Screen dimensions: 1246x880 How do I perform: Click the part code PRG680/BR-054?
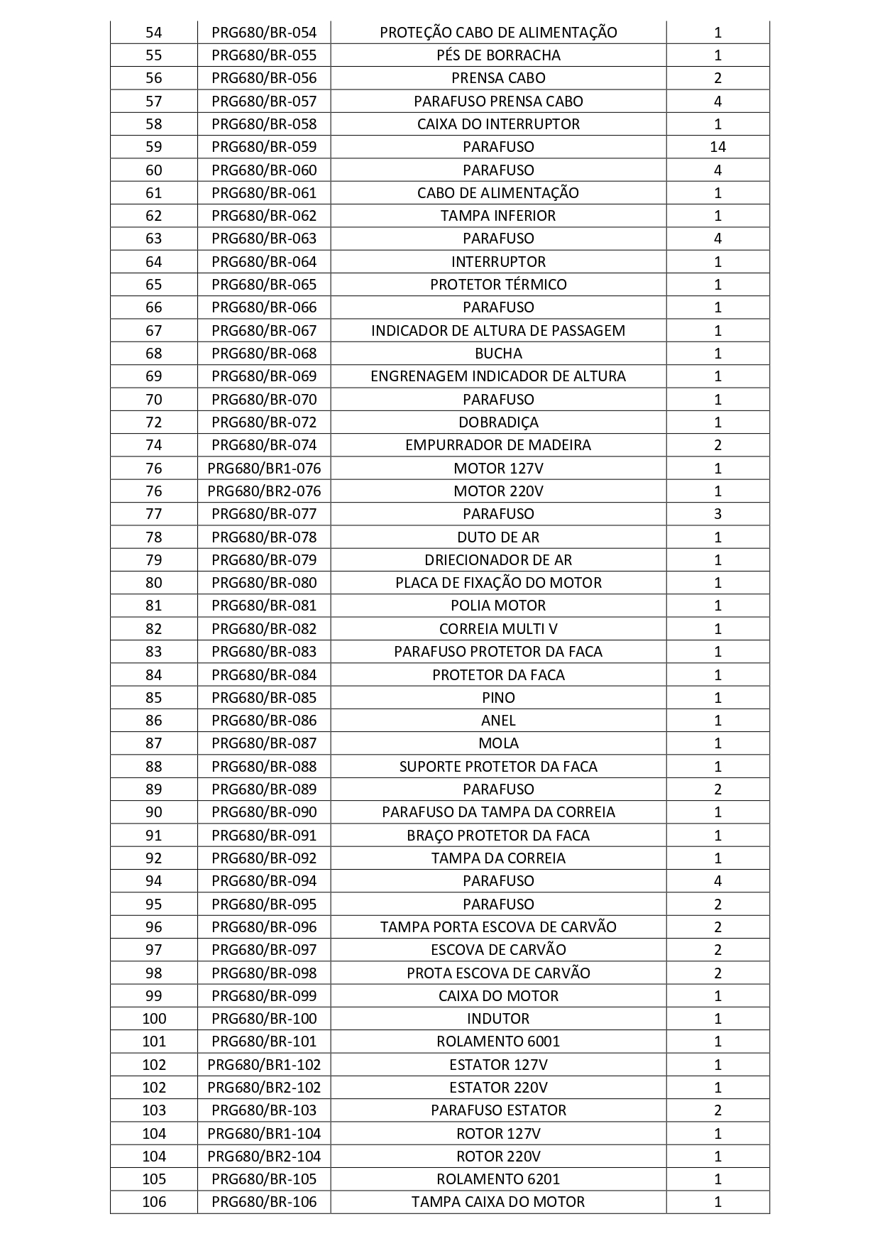point(264,33)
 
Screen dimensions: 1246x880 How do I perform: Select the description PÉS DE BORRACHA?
point(498,55)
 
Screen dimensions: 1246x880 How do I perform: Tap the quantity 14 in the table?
point(717,147)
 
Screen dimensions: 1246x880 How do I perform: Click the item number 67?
point(153,331)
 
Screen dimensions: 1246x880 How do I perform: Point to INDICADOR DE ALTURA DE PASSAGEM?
point(498,331)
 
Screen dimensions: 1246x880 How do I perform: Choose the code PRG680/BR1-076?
point(264,469)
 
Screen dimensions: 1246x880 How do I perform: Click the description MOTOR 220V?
point(498,491)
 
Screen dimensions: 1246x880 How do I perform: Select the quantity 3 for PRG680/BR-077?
point(717,514)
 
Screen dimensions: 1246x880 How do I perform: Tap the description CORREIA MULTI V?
point(498,629)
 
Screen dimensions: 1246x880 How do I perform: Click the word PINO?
point(498,698)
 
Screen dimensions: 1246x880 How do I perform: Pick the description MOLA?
point(498,743)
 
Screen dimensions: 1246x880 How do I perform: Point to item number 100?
point(153,1019)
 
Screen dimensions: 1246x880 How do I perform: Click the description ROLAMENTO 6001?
point(498,1042)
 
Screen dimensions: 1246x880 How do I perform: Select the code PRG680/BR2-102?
point(264,1088)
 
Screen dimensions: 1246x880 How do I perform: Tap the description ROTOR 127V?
point(498,1134)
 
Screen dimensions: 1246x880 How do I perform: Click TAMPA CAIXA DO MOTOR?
point(498,1202)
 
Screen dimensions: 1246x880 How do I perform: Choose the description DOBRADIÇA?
point(498,422)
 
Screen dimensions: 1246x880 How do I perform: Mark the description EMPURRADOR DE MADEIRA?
point(498,445)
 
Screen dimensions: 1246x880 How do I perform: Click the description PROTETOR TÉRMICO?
point(498,285)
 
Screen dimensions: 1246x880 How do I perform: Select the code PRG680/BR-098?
point(264,973)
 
